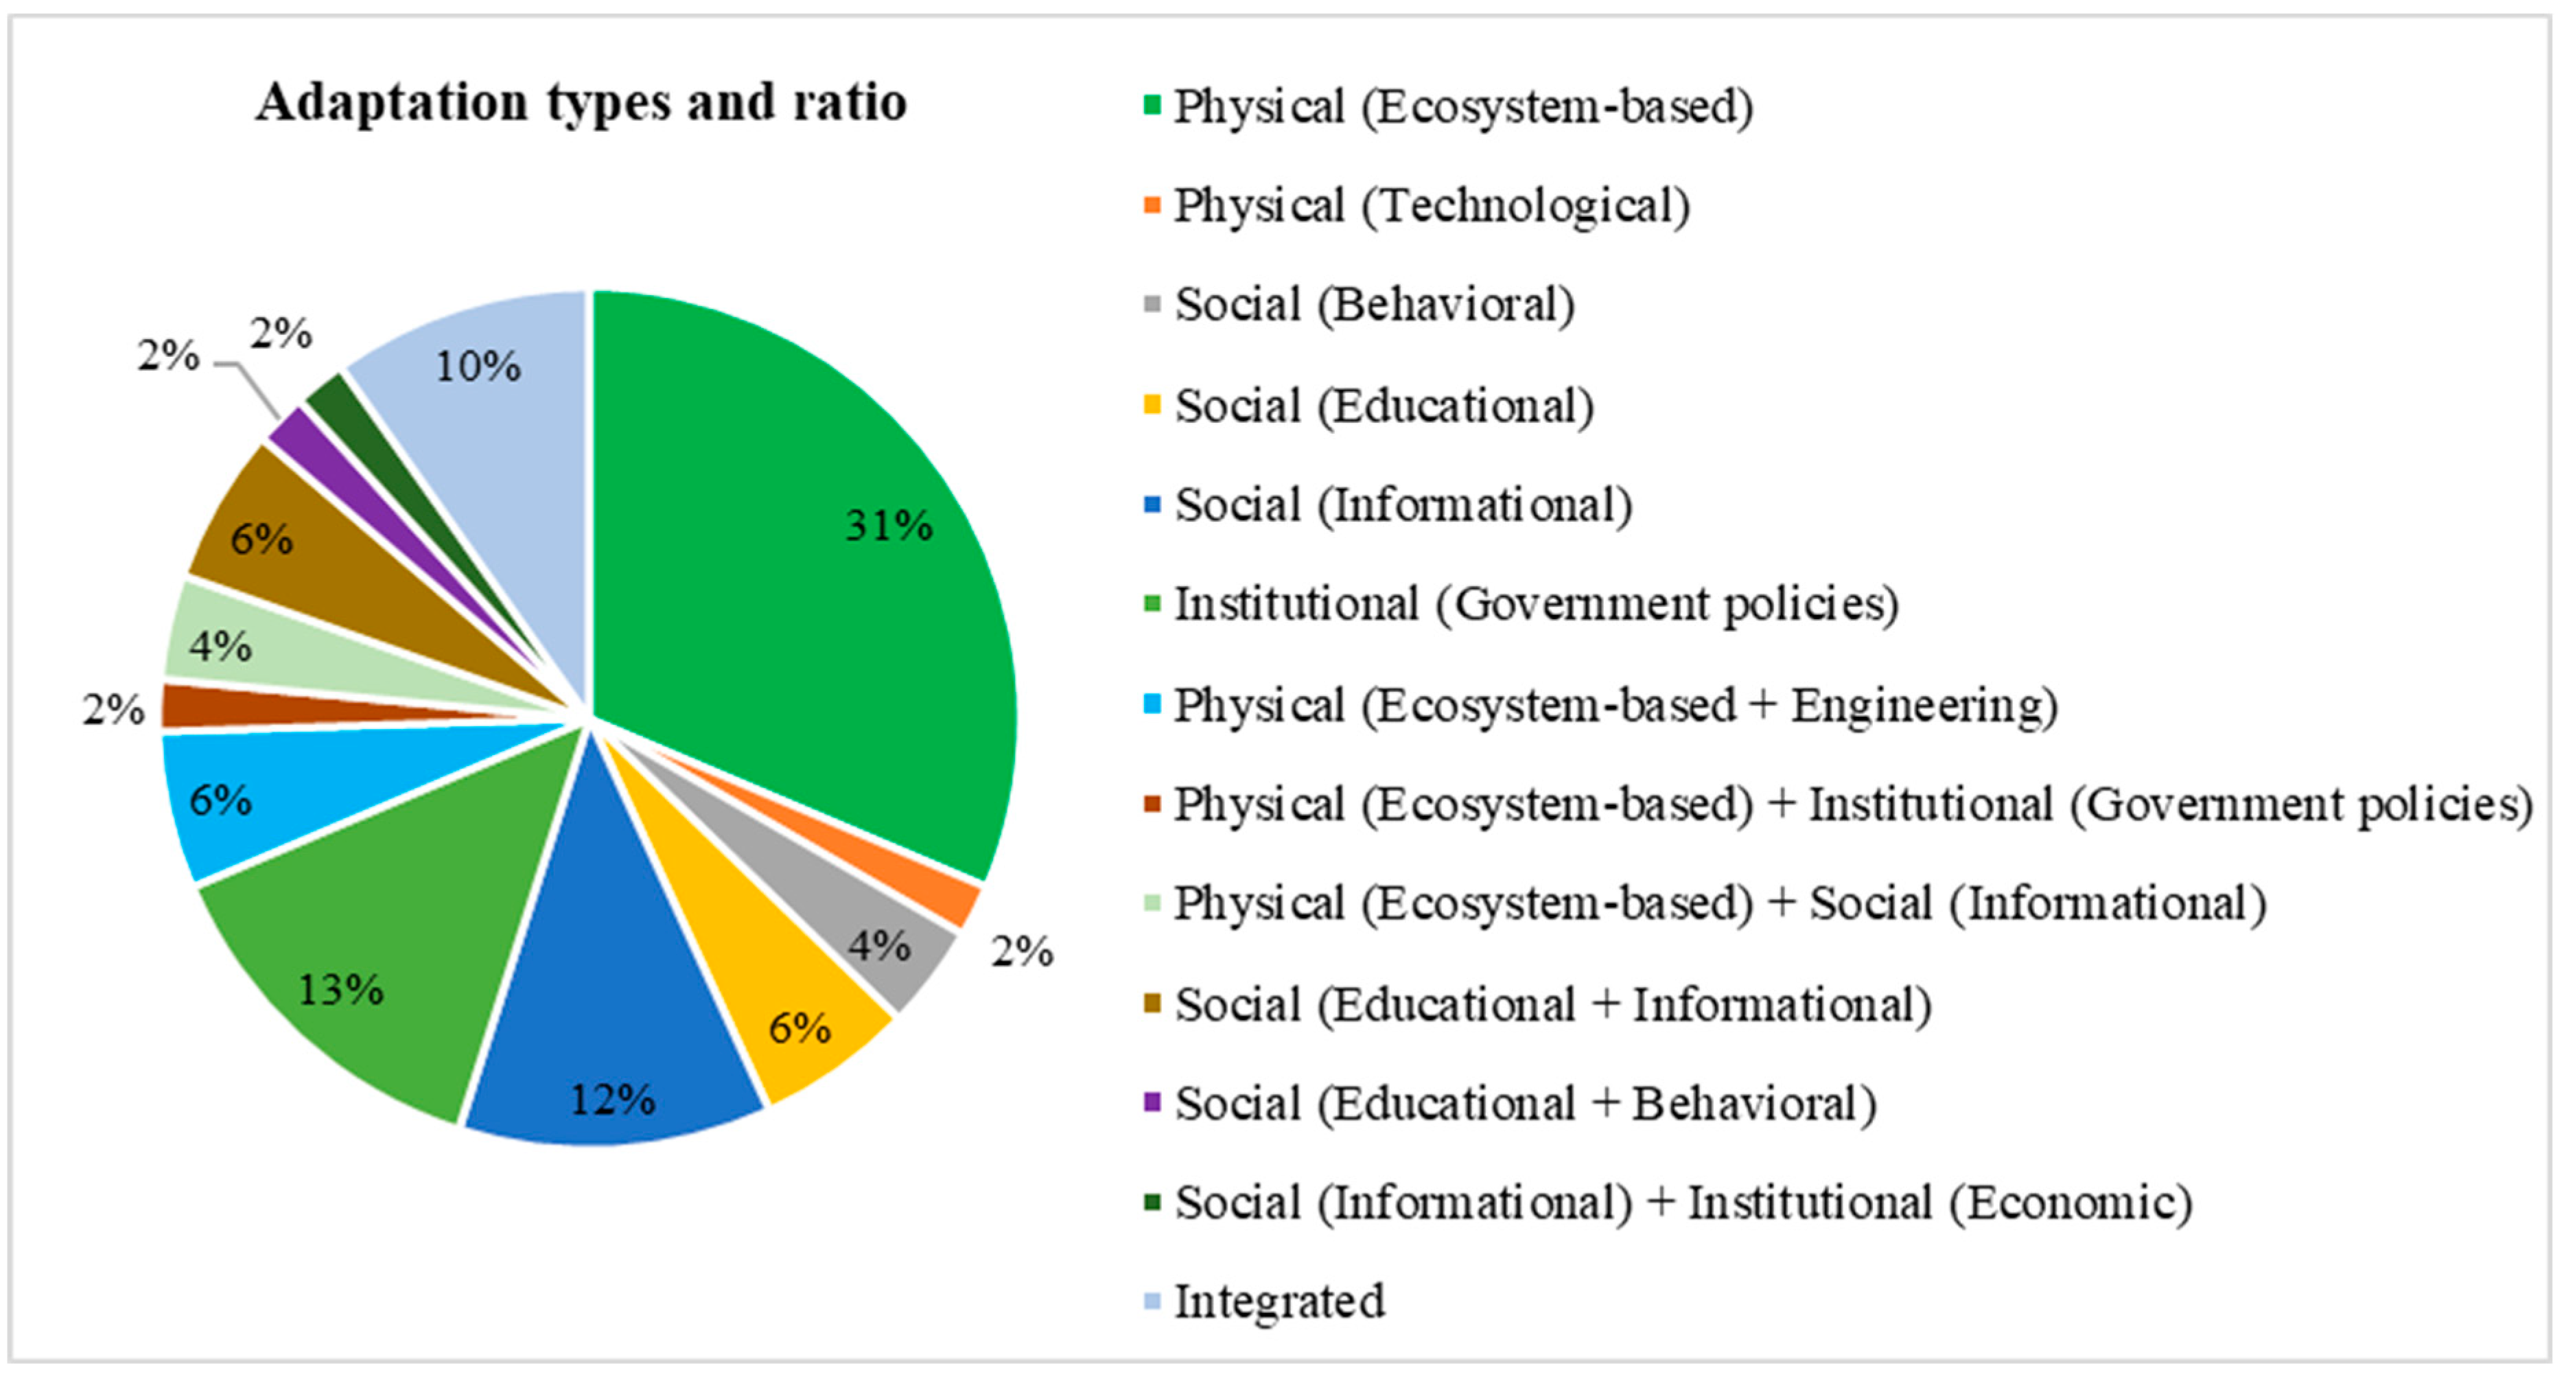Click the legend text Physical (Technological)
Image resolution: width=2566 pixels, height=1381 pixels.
1430,206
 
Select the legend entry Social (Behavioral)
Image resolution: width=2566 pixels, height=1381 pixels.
1374,305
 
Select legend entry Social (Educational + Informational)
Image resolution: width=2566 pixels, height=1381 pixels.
1552,1004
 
